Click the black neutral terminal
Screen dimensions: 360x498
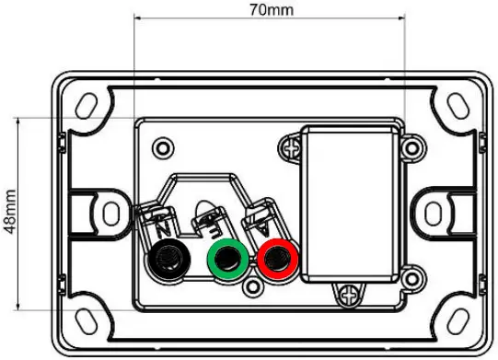(x=168, y=256)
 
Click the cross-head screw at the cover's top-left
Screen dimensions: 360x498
(x=292, y=145)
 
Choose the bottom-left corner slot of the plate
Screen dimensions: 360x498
(x=86, y=318)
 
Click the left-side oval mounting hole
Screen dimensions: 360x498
(x=108, y=209)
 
